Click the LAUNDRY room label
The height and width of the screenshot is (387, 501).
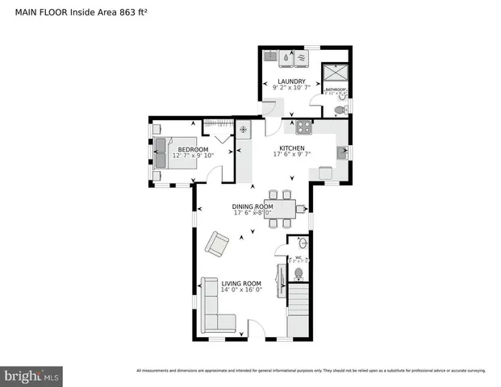[291, 81]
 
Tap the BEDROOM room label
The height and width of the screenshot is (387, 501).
[193, 149]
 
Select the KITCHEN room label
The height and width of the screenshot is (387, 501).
[291, 148]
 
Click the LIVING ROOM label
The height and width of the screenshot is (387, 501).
[241, 283]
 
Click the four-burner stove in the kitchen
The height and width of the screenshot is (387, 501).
[303, 127]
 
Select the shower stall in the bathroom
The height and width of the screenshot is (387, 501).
[334, 74]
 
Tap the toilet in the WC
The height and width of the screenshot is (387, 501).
[299, 274]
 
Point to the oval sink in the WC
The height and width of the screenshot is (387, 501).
[303, 243]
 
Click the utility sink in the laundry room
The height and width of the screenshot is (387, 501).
[271, 56]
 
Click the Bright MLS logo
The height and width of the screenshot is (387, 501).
[32, 375]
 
